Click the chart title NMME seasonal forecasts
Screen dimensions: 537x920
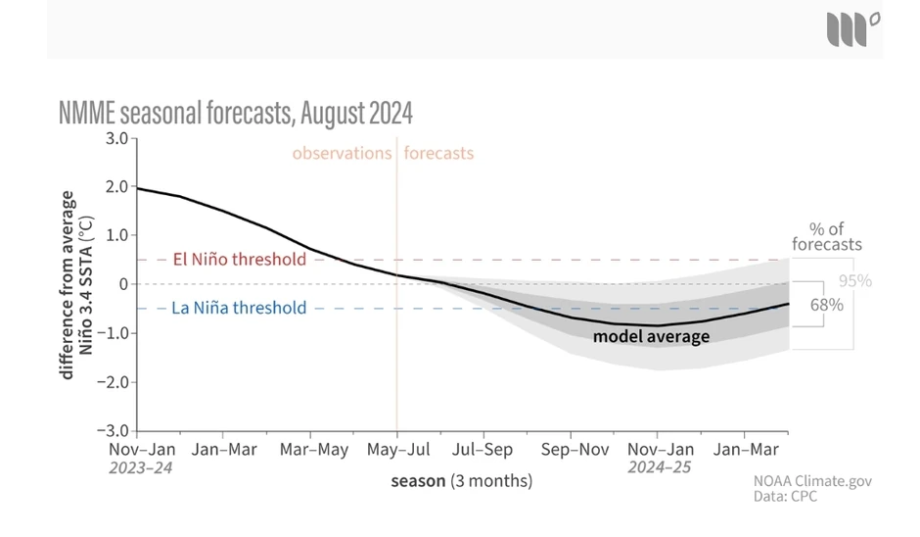(236, 114)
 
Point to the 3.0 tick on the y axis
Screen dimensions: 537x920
(116, 138)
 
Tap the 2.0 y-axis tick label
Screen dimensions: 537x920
(116, 186)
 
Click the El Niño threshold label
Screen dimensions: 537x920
(239, 260)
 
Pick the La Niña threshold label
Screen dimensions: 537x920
(239, 308)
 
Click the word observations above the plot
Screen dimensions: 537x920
(342, 154)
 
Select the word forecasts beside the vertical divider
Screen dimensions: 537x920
(438, 154)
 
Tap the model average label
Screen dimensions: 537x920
(651, 336)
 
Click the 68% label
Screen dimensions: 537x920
(826, 305)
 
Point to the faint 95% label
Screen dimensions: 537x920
(854, 281)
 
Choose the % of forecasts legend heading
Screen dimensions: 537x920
(827, 236)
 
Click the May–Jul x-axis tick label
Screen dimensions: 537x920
(396, 450)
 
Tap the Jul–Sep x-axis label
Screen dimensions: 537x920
(483, 450)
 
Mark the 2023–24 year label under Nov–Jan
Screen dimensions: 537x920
(140, 467)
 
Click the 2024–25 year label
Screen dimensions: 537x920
(659, 467)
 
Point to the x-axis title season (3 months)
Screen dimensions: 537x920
(461, 481)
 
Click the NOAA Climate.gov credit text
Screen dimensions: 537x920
(811, 481)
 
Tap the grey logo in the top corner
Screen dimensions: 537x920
(852, 28)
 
